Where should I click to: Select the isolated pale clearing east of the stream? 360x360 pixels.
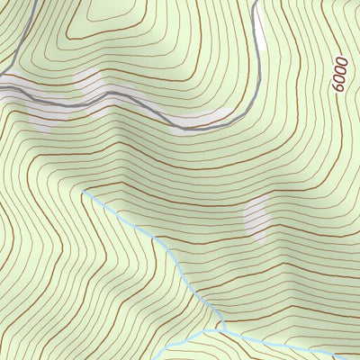(257, 219)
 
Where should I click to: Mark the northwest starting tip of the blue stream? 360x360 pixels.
(85, 192)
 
